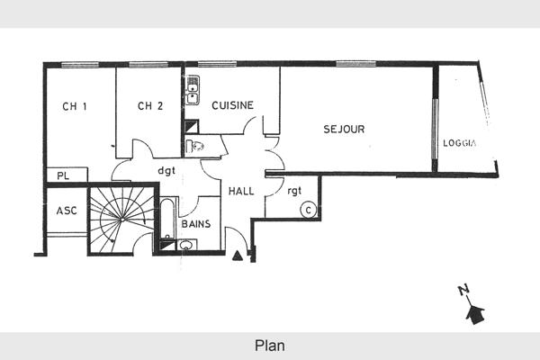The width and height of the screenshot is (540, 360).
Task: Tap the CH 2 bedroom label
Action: pyautogui.click(x=150, y=106)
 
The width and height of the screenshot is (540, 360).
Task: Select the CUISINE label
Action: pyautogui.click(x=232, y=105)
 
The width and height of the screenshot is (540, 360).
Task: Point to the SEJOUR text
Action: pyautogui.click(x=344, y=130)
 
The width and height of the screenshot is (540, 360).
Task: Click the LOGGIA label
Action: pyautogui.click(x=459, y=144)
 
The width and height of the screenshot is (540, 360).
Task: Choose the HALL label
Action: pyautogui.click(x=241, y=192)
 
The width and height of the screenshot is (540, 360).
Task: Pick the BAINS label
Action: pyautogui.click(x=195, y=223)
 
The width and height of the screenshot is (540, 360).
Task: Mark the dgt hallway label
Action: pyautogui.click(x=166, y=169)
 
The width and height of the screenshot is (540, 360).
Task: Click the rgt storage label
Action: pyautogui.click(x=294, y=190)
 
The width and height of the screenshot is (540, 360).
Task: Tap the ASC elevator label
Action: pyautogui.click(x=66, y=211)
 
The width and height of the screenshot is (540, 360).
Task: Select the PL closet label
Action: pyautogui.click(x=63, y=175)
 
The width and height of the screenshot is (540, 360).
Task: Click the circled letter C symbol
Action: pyautogui.click(x=308, y=211)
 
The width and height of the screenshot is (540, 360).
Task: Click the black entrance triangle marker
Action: pyautogui.click(x=237, y=256)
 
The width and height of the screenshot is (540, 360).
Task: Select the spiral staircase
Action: pyautogui.click(x=121, y=219)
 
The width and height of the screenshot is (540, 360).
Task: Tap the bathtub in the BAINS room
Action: pyautogui.click(x=167, y=219)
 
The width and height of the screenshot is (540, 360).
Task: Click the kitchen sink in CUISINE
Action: pyautogui.click(x=193, y=90)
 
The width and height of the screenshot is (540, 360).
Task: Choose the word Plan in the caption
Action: pyautogui.click(x=269, y=345)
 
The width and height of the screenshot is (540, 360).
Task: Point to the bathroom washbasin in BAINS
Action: pyautogui.click(x=186, y=244)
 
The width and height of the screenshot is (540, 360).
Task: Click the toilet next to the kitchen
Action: pyautogui.click(x=195, y=147)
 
